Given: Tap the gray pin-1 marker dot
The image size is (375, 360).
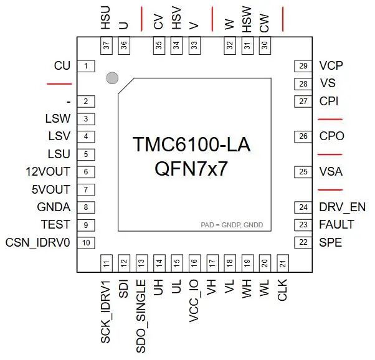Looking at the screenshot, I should tap(112, 78).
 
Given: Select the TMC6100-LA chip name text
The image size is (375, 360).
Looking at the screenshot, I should tap(191, 144).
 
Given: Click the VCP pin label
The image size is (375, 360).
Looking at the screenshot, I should tap(331, 65).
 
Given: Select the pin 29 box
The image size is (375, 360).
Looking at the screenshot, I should tap(303, 66).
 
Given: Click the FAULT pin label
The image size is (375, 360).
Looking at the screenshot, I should tap(336, 224).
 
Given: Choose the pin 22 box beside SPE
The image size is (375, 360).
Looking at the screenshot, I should tap(303, 242).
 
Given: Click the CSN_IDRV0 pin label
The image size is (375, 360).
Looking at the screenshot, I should tap(38, 242).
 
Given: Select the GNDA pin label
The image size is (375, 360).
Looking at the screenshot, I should tap(54, 207).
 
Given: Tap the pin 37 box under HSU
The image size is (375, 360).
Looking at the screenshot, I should tap(107, 45).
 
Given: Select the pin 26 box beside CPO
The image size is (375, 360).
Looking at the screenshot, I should tap(303, 136).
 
